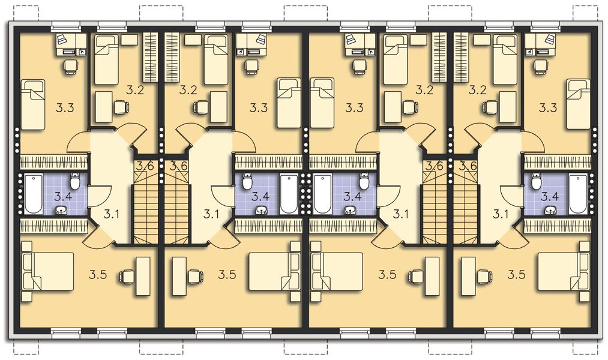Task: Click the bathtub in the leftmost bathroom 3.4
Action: click(x=33, y=193)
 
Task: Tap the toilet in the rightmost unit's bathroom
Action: click(x=537, y=181)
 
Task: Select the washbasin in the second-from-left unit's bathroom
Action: click(x=261, y=210)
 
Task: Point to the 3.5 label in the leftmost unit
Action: click(x=98, y=275)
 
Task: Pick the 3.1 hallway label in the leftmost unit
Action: click(x=112, y=213)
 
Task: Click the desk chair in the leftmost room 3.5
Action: click(x=127, y=277)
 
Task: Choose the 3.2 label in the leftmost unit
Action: click(x=136, y=91)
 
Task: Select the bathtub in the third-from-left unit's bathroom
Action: click(x=322, y=193)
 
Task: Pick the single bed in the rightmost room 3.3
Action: click(x=579, y=104)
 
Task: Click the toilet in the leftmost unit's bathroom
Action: click(x=75, y=181)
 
